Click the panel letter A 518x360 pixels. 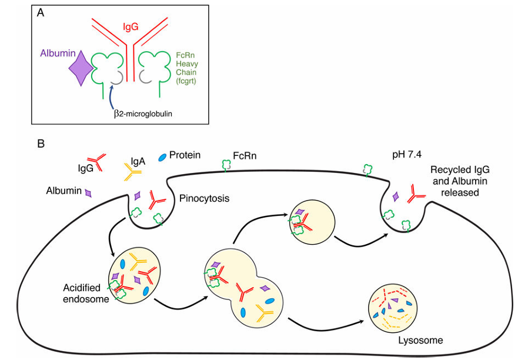(x=41, y=13)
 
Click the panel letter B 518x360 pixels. (x=41, y=143)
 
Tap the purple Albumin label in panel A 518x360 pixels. (x=58, y=54)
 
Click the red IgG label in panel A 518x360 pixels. (x=131, y=26)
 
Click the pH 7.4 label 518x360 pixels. (x=407, y=155)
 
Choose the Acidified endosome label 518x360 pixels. (x=86, y=294)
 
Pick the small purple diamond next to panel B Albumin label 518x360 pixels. (x=88, y=193)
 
